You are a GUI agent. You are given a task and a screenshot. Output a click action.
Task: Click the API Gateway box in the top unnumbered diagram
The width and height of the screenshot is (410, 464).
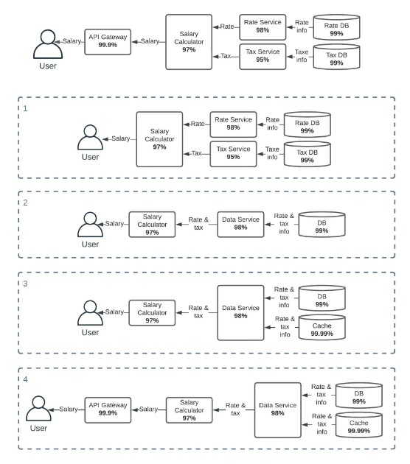coord(108,42)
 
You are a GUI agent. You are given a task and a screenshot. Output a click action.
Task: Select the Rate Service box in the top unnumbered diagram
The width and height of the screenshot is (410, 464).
coord(263,27)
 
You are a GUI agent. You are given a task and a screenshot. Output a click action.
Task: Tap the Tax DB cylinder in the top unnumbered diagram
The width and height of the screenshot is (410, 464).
coord(336,57)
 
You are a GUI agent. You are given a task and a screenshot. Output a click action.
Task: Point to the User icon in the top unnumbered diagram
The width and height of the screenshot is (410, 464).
coord(48,44)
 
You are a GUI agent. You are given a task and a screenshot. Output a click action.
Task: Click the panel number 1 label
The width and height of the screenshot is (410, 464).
coord(25,108)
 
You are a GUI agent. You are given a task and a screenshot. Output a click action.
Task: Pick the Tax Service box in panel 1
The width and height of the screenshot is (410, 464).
coord(233,154)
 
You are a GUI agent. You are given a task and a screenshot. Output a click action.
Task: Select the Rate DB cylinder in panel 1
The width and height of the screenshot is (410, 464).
coord(307,124)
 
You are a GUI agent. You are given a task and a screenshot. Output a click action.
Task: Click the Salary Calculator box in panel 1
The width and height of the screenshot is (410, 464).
coord(159,139)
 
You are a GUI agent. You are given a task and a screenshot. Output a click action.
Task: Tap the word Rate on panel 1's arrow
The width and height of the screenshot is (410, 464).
coord(198,124)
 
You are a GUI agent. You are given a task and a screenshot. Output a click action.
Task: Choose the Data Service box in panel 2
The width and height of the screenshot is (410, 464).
coord(240,225)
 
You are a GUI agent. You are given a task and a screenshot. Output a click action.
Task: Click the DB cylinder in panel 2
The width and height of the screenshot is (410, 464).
coord(322,225)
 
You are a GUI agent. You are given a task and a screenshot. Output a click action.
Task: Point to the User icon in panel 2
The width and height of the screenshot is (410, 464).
coord(90,225)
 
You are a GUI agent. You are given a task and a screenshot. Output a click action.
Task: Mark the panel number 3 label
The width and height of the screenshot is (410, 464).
coord(25,284)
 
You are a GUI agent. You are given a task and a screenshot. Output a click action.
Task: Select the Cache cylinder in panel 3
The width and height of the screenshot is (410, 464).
coord(322,327)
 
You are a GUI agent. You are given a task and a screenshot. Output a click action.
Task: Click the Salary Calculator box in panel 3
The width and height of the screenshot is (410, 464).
coord(152,313)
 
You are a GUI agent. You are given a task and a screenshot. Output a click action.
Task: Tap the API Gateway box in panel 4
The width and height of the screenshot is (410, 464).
coord(108,409)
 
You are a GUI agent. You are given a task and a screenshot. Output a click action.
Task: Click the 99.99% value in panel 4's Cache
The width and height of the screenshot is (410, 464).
coord(358,431)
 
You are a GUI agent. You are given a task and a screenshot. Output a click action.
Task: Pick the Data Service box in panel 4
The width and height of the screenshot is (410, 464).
coord(277,409)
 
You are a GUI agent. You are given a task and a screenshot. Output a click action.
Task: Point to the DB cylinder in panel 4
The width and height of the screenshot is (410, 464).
coord(358,395)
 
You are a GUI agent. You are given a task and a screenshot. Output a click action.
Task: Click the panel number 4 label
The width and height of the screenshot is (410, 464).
coord(25,379)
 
